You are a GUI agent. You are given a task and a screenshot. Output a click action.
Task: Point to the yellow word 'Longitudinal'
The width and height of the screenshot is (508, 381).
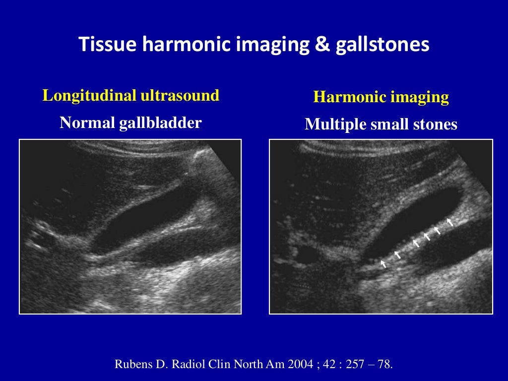pyautogui.click(x=89, y=95)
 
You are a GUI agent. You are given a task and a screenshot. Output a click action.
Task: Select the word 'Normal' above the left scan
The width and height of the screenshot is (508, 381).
pyautogui.click(x=87, y=123)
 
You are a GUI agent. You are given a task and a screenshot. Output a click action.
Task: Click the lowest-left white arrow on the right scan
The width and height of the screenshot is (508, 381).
pyautogui.click(x=383, y=264)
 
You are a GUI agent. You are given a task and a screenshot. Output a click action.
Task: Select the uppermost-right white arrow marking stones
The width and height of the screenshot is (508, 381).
pyautogui.click(x=450, y=221)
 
